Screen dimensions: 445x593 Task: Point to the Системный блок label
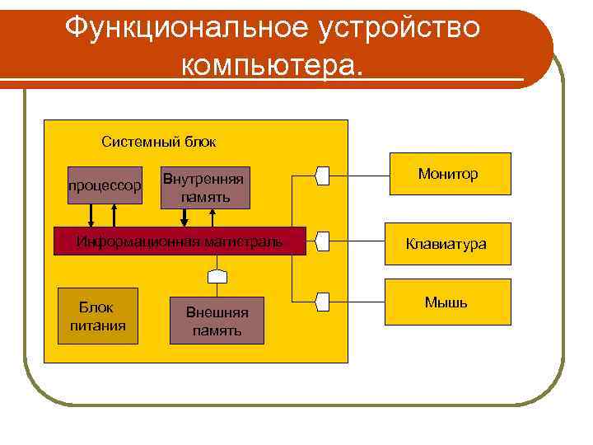[159, 142]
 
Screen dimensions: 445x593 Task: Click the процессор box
[105, 185]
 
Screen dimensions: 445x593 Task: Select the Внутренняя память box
[203, 188]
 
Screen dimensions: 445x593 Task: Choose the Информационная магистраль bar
[180, 241]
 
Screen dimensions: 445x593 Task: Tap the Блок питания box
[97, 316]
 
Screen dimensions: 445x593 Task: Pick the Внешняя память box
[217, 321]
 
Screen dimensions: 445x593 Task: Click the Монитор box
[448, 174]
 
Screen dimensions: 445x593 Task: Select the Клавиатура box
[448, 244]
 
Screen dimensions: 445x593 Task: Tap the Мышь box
[448, 302]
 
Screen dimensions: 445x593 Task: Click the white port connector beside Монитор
[322, 175]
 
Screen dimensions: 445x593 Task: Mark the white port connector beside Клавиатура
[322, 241]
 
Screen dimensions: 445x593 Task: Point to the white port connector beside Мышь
[322, 302]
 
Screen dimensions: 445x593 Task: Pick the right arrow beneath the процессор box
[114, 213]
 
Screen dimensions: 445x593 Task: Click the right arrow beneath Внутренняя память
[213, 218]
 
